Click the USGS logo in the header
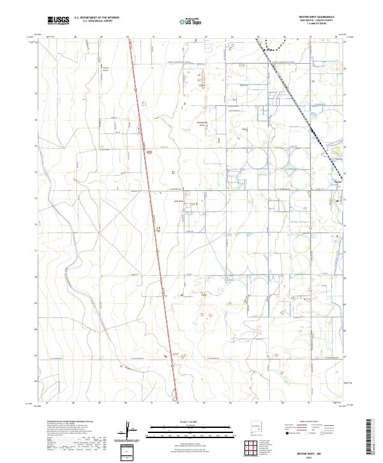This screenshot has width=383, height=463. tap(59, 20)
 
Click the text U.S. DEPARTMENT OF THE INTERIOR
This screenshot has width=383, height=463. tap(96, 19)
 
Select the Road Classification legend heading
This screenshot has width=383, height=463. tap(304, 423)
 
